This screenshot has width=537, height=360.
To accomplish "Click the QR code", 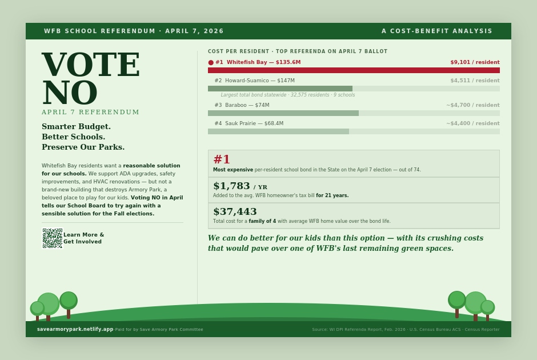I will [x=52, y=238].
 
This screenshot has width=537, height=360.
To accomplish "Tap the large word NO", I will [x=69, y=93].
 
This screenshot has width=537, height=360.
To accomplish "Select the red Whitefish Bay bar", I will [x=354, y=70].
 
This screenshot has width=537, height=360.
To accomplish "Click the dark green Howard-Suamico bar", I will [x=280, y=89].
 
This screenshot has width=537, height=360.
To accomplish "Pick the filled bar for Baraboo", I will [x=283, y=113].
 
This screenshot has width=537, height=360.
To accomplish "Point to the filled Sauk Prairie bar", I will [x=278, y=131].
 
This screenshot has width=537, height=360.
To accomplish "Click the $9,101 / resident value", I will [x=475, y=62].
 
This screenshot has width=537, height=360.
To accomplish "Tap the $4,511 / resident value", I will [x=475, y=81].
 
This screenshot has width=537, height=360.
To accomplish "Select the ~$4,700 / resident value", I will [x=473, y=105].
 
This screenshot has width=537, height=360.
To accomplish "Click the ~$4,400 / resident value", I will [x=473, y=123].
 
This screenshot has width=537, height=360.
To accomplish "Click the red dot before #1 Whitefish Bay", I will [x=211, y=62].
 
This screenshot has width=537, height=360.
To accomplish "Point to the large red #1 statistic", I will [x=222, y=159].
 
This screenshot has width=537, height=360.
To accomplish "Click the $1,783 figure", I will [x=231, y=186].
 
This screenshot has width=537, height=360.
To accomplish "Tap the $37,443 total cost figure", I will [x=235, y=211].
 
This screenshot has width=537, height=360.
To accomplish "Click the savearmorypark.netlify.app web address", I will [x=75, y=329].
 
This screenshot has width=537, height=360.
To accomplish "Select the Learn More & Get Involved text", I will [x=83, y=238].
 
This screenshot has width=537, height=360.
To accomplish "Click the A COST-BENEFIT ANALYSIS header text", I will [x=437, y=31].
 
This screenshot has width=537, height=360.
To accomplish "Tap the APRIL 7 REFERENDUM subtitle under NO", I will [x=90, y=112].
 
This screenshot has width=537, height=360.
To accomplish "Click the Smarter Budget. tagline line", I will [x=76, y=126].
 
